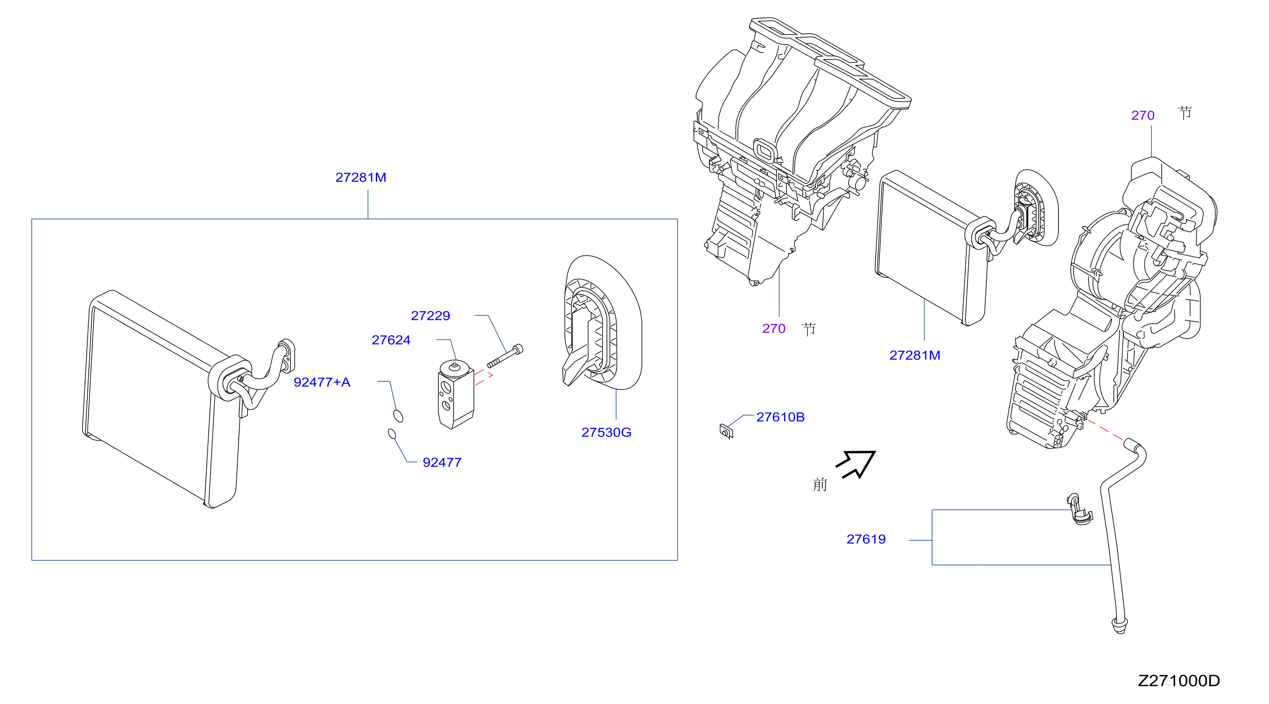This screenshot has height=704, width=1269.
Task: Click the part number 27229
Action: coord(430,316)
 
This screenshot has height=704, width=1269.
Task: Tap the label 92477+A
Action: coord(322,382)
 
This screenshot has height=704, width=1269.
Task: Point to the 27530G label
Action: coord(606,433)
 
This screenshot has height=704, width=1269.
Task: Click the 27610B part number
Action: coord(780,417)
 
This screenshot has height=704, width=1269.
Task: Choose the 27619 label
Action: coord(866,539)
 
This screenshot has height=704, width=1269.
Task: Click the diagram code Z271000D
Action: coord(1179,681)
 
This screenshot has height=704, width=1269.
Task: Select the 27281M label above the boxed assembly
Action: coord(361,177)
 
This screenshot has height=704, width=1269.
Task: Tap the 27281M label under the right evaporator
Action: coord(915,355)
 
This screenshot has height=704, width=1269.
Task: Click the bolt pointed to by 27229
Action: coord(505,356)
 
